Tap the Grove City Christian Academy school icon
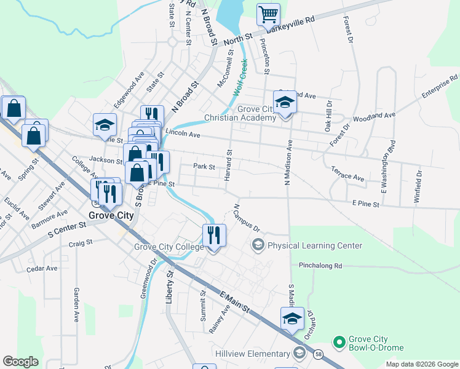click(285, 103)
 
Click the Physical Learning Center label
click(314, 245)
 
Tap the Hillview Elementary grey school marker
click(299, 352)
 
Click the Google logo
click(20, 362)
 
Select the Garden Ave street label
click(77, 304)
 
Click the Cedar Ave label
click(42, 269)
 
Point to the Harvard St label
click(228, 164)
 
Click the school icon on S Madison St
click(292, 318)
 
